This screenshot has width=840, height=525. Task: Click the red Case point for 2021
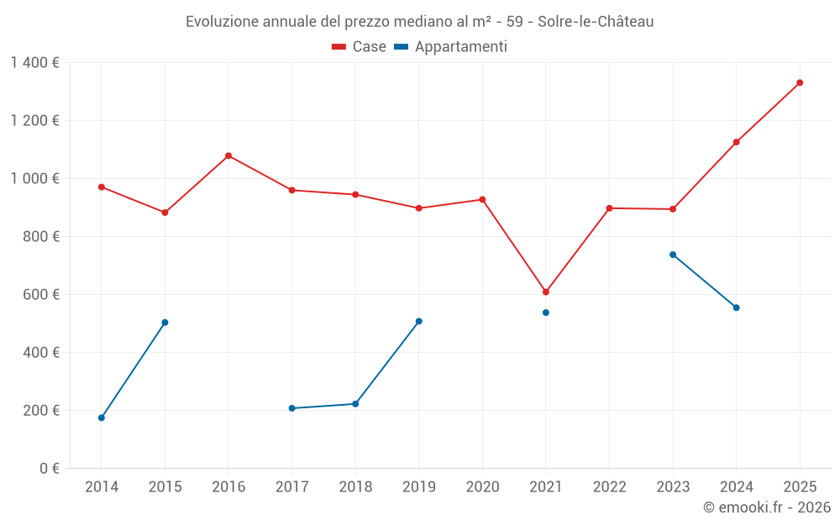click(546, 292)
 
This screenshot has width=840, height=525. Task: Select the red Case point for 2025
click(800, 82)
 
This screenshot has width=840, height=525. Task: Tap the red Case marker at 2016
click(228, 155)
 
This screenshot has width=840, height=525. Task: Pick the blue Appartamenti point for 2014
click(102, 417)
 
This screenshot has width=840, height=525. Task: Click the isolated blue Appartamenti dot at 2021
click(546, 312)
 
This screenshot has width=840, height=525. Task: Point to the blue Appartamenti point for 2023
click(673, 255)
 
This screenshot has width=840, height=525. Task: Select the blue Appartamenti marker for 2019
click(419, 321)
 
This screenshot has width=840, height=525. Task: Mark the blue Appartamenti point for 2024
click(737, 307)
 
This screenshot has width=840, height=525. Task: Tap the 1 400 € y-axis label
click(34, 63)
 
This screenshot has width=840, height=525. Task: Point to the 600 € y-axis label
click(39, 295)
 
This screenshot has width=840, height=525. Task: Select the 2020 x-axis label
click(482, 487)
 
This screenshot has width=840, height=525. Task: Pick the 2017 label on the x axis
click(291, 487)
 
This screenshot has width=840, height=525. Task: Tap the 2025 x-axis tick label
click(800, 487)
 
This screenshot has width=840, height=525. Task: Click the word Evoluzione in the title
click(223, 22)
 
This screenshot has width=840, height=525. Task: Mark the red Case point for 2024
click(737, 142)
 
